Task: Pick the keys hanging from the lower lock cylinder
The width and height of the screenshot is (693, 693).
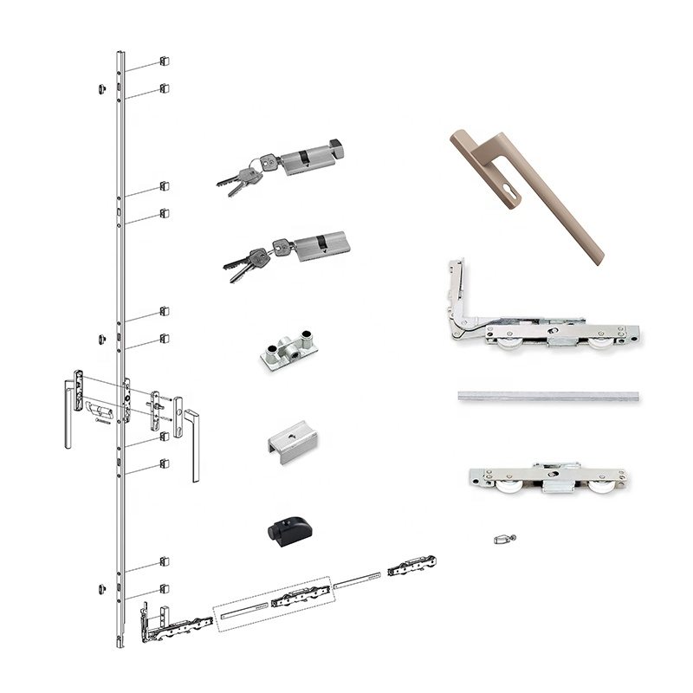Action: coord(244,262)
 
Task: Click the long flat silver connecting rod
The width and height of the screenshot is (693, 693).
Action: coord(549,396)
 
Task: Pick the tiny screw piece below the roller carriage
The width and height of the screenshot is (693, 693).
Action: coord(503,540)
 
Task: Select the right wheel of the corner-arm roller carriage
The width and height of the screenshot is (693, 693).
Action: coord(600,345)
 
